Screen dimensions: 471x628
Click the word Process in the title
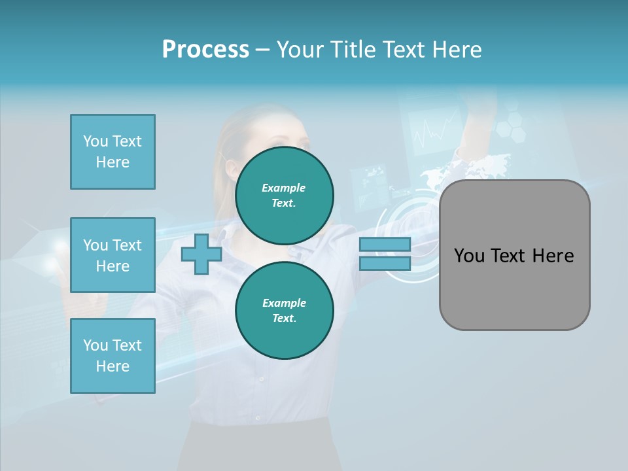205,50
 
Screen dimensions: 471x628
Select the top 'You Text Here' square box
113,152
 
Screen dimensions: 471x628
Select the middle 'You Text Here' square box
113,255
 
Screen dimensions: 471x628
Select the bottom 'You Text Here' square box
113,356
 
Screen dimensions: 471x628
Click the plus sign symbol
201,254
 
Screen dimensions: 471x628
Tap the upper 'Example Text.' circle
285,195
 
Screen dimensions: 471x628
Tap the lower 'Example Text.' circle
285,310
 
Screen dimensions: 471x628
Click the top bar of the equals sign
385,244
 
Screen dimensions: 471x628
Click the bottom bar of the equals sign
385,263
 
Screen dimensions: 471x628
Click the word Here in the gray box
553,256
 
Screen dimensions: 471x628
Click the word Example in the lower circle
284,303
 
